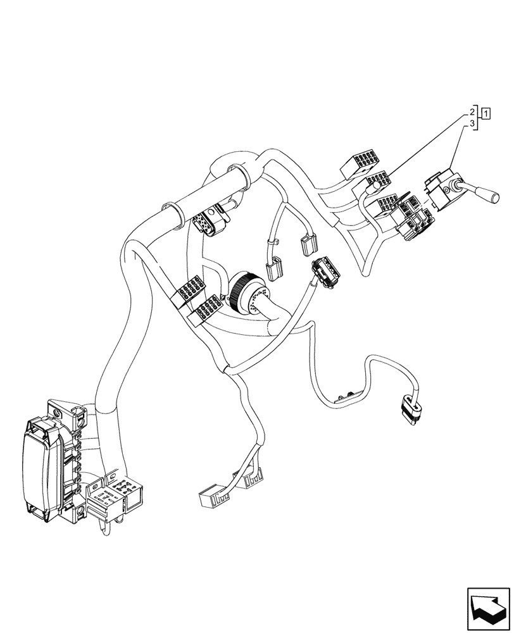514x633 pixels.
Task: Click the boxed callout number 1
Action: pos(486,113)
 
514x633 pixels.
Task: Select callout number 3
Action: pos(472,125)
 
